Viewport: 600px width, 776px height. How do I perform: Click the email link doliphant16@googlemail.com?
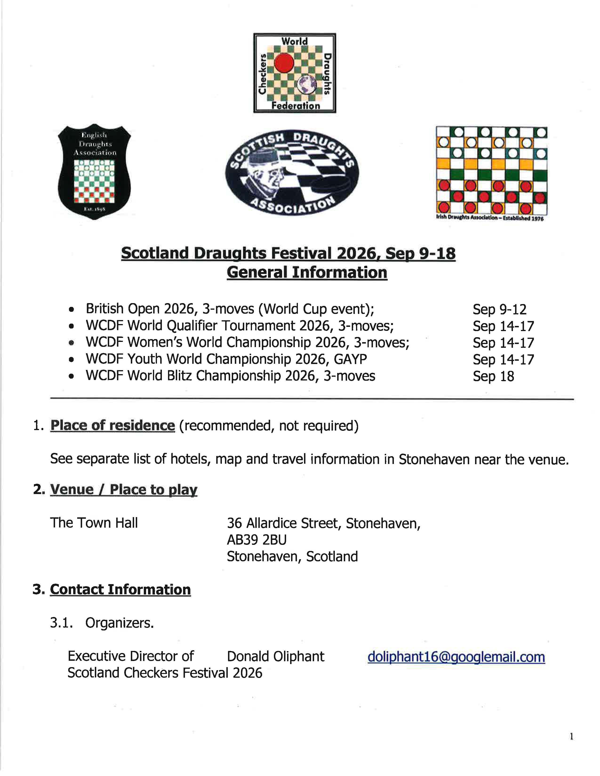[456, 657]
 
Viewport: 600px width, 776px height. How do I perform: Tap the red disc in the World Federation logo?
[284, 63]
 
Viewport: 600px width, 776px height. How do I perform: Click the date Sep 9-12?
[499, 309]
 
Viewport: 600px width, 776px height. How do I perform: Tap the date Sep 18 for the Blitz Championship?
[493, 376]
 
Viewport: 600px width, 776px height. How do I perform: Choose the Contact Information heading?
[120, 590]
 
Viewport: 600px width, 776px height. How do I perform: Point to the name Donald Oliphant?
[276, 657]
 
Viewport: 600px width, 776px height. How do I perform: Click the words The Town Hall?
[94, 523]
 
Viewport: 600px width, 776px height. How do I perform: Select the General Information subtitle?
[307, 273]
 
